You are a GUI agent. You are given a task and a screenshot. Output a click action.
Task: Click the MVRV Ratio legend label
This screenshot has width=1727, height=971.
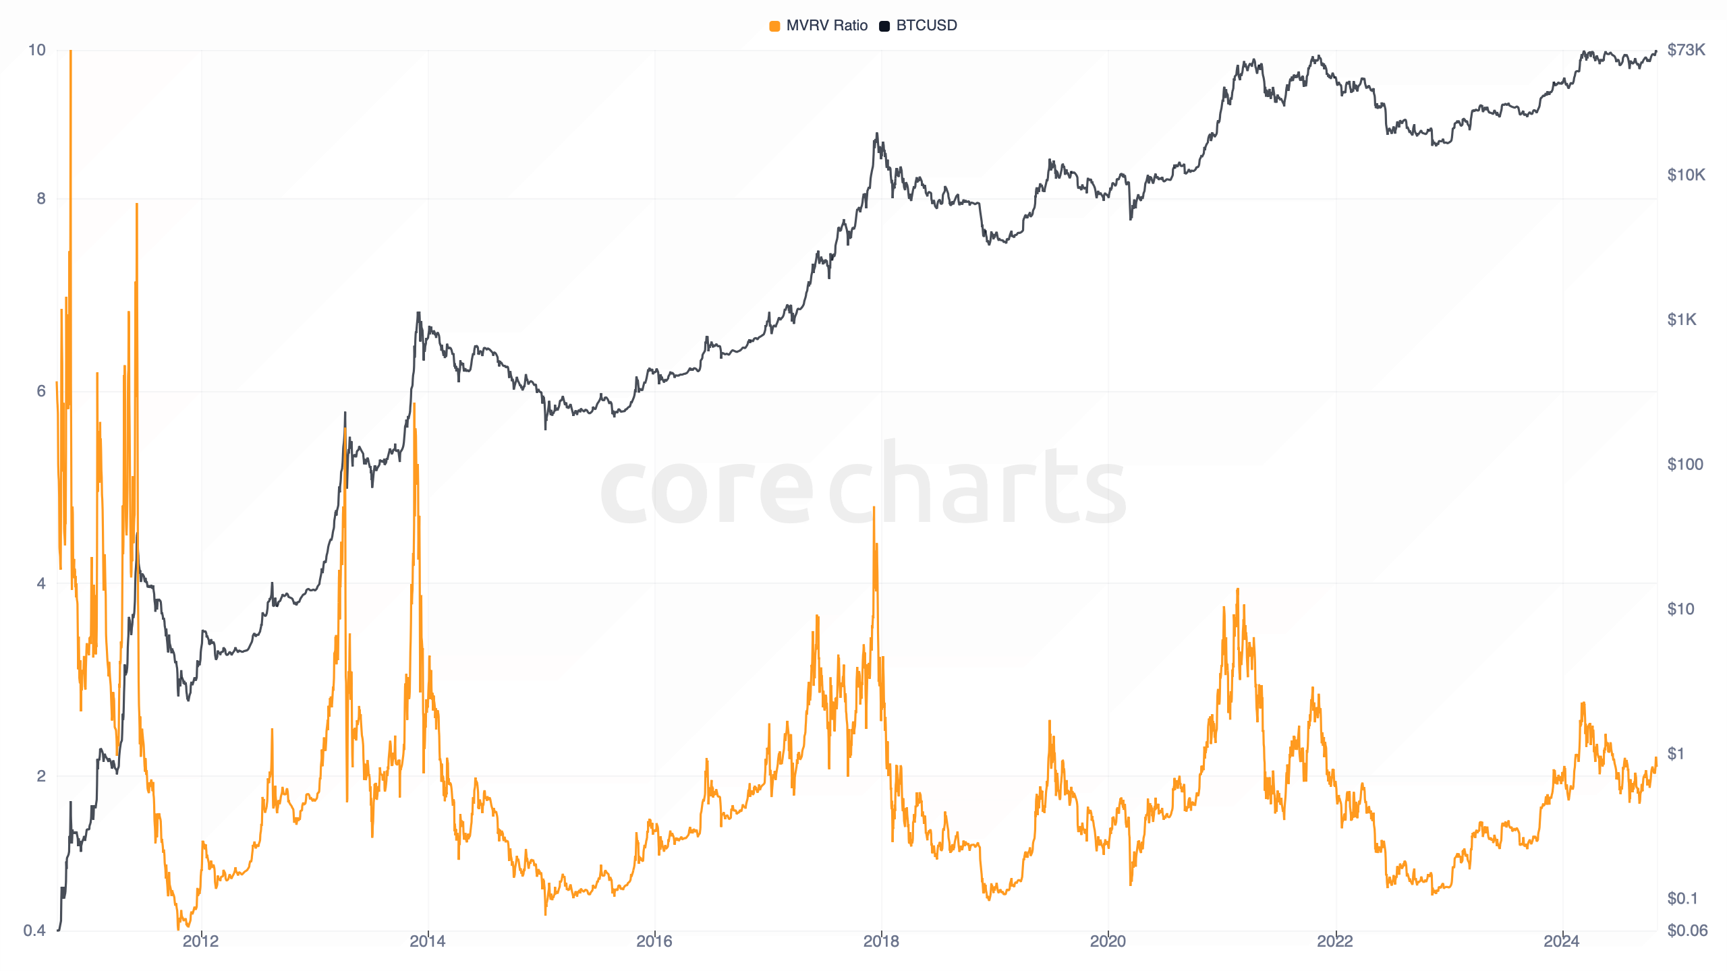(x=826, y=26)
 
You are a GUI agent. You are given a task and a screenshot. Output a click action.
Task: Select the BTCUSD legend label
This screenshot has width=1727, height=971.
(x=926, y=26)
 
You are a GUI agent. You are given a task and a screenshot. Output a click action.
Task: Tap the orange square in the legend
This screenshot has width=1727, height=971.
(x=774, y=26)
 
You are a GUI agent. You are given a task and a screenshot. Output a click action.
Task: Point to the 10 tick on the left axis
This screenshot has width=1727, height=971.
(x=36, y=50)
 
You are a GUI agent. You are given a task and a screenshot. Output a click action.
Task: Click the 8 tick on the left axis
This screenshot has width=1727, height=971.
(x=41, y=198)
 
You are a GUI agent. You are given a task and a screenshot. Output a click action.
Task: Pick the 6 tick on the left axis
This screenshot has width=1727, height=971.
(x=41, y=391)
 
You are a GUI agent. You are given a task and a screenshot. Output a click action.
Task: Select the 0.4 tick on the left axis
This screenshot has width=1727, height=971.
(x=34, y=931)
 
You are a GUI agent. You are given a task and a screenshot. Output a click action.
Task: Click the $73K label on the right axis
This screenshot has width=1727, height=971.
(x=1686, y=50)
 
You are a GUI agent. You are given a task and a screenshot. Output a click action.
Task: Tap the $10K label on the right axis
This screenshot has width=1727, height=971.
(x=1686, y=175)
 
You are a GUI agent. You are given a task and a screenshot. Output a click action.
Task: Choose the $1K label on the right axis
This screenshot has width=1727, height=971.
(x=1681, y=320)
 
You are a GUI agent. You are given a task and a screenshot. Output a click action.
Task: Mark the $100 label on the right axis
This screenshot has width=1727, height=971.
(x=1684, y=464)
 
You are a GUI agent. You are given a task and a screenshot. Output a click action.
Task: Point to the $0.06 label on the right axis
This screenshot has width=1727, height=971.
(x=1687, y=931)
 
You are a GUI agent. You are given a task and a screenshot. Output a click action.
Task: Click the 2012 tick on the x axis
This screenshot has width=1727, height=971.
(x=200, y=941)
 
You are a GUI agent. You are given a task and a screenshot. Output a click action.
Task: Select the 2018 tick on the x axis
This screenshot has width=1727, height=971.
(x=881, y=941)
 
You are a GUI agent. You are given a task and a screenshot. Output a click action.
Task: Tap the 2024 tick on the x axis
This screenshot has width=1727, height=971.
(x=1562, y=941)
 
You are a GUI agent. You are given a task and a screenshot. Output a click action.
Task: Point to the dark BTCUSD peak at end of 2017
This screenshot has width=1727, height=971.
(x=876, y=134)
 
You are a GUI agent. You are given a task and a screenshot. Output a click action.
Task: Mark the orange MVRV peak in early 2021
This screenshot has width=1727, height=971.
(x=1238, y=590)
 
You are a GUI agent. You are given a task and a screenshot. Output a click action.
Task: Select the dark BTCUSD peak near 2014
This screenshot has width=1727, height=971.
(x=418, y=313)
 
